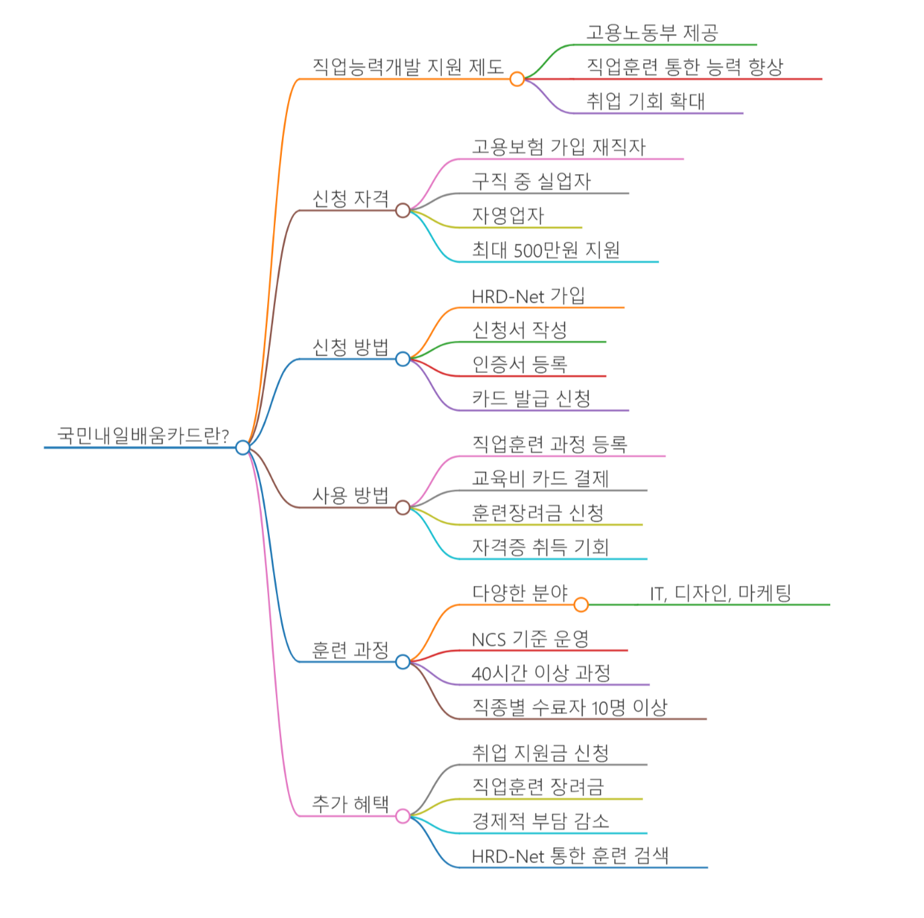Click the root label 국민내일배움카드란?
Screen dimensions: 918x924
click(143, 436)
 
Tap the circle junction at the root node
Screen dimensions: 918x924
click(242, 447)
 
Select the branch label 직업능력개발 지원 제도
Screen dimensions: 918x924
click(408, 67)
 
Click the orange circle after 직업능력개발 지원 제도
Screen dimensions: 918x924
click(517, 79)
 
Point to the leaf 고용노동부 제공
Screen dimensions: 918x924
click(652, 33)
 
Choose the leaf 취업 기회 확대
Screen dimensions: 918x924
click(645, 101)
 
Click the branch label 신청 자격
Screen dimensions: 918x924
click(350, 198)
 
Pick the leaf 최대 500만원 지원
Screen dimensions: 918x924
click(546, 250)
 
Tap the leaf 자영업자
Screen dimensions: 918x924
click(508, 216)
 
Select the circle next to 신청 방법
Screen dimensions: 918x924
click(402, 360)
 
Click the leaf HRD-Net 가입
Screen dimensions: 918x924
click(528, 296)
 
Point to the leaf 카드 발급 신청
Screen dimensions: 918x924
click(531, 398)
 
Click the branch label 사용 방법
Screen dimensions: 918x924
click(350, 495)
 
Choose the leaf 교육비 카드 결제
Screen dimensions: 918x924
click(540, 478)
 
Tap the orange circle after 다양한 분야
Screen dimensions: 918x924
click(581, 605)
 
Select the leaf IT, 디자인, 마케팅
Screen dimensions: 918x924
click(720, 593)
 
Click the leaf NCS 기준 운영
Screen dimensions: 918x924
click(530, 639)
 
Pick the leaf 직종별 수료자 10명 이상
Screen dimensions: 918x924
click(569, 707)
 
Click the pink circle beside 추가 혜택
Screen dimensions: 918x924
click(402, 816)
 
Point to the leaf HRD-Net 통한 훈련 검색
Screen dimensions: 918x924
click(570, 856)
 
